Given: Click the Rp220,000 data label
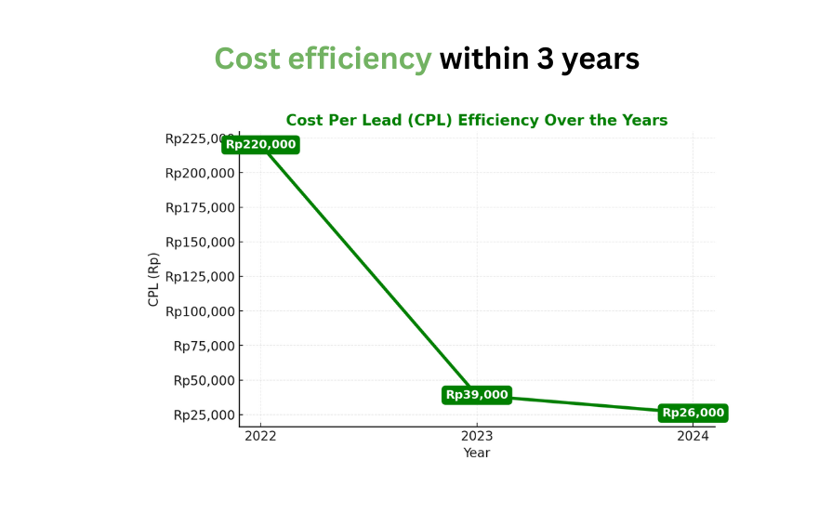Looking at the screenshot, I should (260, 144).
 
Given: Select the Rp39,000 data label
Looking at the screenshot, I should (477, 395).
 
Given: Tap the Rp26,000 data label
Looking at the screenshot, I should (693, 413).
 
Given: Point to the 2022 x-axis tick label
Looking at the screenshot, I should (260, 435).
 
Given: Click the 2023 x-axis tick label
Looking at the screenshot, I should (477, 435).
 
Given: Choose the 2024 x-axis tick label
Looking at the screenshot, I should (693, 435).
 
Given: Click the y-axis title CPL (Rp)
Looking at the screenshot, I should (153, 279).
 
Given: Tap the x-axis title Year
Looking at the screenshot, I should (477, 453).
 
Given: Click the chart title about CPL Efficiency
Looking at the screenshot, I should (476, 120).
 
